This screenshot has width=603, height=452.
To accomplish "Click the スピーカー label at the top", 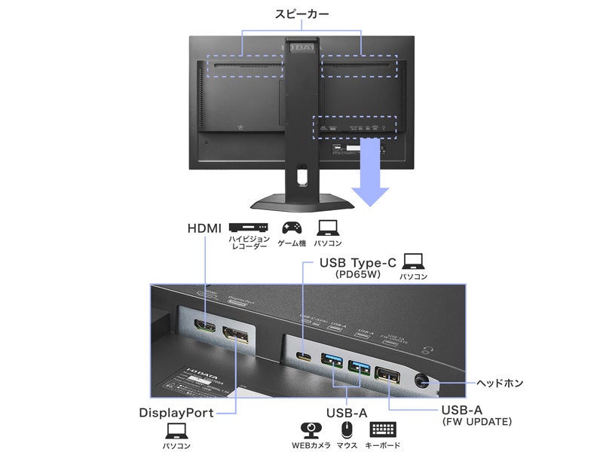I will [302, 14].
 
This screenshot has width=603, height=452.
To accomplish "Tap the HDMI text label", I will [204, 228].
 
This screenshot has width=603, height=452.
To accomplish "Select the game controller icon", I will [292, 227].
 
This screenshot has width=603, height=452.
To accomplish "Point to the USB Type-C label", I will [358, 263].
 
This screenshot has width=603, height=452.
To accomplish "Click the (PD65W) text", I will [358, 276].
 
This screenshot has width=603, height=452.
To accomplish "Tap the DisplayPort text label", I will [176, 413].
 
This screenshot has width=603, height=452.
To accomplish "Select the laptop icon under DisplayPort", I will [176, 430].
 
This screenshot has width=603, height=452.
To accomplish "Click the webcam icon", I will [311, 429].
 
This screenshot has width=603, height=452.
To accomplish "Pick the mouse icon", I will [347, 429].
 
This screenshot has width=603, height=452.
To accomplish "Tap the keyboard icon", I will [384, 429].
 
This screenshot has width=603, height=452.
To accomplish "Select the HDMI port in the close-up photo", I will [204, 329].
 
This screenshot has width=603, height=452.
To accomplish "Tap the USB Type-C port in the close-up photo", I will [305, 357].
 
